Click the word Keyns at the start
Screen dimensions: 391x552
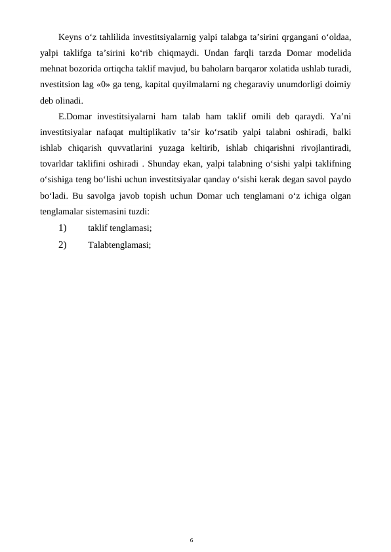click(x=70, y=35)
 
